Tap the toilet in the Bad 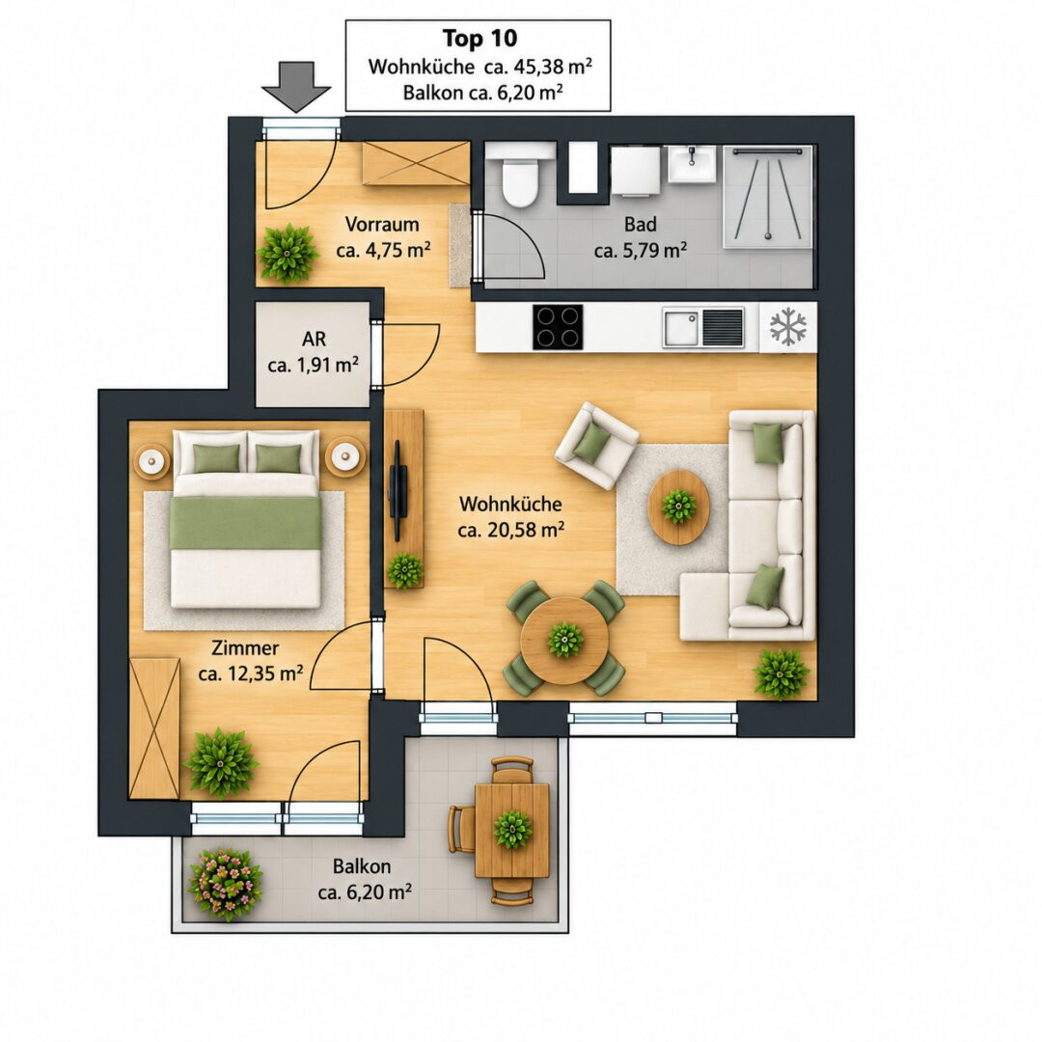click(520, 175)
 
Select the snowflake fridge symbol click(788, 326)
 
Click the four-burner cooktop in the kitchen click(558, 327)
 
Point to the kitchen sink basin click(680, 328)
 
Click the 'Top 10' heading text click(480, 39)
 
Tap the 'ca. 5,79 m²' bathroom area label click(641, 251)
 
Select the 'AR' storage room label click(314, 339)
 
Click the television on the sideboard click(398, 490)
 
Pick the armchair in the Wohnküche click(597, 445)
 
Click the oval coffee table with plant click(678, 507)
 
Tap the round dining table click(564, 640)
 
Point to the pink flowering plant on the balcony click(225, 884)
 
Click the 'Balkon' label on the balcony click(362, 866)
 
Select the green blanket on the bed click(246, 523)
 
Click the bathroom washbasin click(692, 163)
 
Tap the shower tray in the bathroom click(768, 197)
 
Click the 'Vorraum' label click(382, 224)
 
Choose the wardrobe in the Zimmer click(154, 728)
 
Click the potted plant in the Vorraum click(288, 253)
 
